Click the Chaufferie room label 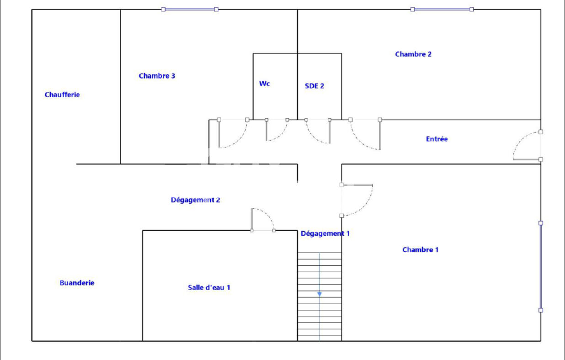[x=62, y=95]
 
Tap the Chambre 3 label [x=157, y=76]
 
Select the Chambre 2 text [x=413, y=54]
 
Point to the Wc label [x=264, y=84]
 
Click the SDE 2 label [x=314, y=86]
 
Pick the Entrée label [x=437, y=139]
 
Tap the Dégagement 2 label [x=196, y=200]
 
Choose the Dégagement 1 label [x=325, y=233]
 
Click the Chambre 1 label [x=421, y=249]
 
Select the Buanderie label [x=77, y=283]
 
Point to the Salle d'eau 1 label [x=209, y=287]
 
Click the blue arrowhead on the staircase [x=320, y=294]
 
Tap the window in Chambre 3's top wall [x=190, y=9]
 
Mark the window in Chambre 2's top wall [x=442, y=9]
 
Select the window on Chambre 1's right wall [x=540, y=266]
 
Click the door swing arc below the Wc [x=282, y=134]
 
